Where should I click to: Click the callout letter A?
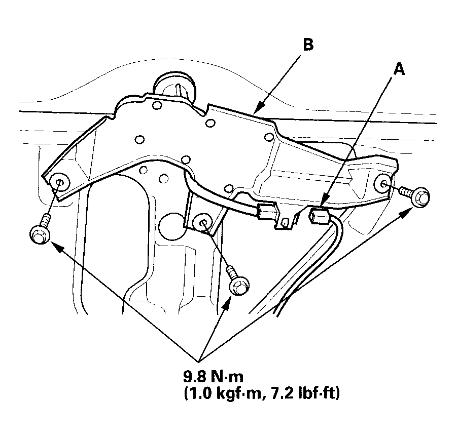(x=399, y=69)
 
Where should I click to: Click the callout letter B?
(x=308, y=45)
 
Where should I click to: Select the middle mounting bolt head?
(x=239, y=286)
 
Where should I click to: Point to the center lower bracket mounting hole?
(x=203, y=223)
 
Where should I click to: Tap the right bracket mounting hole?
(x=384, y=183)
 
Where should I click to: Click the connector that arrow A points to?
(x=319, y=216)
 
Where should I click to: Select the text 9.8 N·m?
(x=213, y=377)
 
